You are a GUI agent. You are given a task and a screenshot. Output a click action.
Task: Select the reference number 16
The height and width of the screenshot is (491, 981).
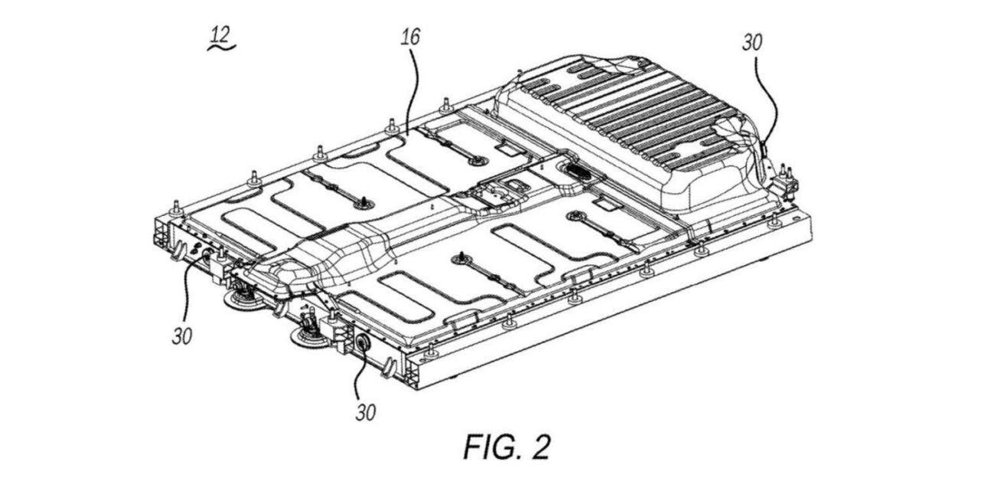click(x=409, y=37)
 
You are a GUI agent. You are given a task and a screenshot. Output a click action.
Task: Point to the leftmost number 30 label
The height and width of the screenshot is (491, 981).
click(x=181, y=336)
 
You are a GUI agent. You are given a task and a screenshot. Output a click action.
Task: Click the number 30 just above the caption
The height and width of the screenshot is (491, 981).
click(x=366, y=411)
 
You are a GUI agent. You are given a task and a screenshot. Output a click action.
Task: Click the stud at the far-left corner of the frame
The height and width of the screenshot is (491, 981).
click(x=175, y=208)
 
